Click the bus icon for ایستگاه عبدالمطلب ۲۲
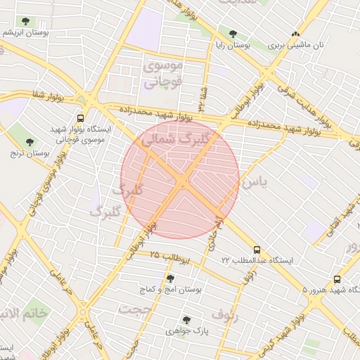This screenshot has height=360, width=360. point(256,250)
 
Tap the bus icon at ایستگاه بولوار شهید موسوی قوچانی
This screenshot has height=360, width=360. point(80,118)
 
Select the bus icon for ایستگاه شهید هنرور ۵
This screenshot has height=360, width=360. point(337,279)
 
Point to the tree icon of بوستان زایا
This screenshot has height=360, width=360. point(233,33)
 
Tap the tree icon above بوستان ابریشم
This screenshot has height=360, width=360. point(26,22)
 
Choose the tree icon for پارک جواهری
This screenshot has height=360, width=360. point(186,320)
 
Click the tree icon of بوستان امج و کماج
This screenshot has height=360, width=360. point(170,279)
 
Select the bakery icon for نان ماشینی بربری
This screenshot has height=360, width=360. point(295,33)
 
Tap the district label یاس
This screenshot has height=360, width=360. point(254,181)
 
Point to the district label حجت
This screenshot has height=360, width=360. point(135,309)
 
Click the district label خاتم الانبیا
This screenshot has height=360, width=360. point(25,314)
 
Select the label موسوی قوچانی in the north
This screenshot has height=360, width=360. point(163,74)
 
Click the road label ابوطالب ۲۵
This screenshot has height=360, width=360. point(170,257)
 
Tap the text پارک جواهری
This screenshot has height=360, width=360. point(183,330)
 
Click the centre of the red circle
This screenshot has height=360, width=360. point(180,180)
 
